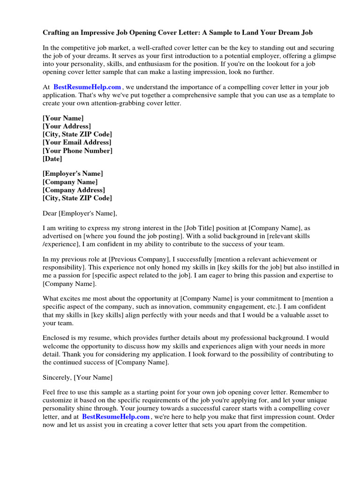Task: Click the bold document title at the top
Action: coord(178,33)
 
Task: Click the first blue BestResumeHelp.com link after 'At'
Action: coord(87,87)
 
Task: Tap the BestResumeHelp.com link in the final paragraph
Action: coord(116,416)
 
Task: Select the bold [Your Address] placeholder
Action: coord(67,126)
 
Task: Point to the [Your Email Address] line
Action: coord(77,142)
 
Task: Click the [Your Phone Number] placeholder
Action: coord(77,150)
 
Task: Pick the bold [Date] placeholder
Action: coord(52,159)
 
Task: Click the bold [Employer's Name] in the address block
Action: coord(73,173)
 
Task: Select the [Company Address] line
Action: coord(74,190)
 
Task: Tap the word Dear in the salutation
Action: coord(50,213)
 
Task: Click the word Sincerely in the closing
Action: coord(57,377)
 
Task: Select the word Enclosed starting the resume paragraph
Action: coord(57,338)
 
